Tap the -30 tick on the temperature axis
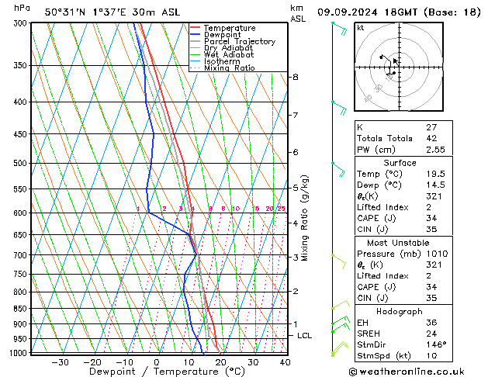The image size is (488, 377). point(60,361)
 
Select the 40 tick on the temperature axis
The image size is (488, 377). point(285,361)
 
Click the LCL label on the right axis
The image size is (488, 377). point(305,335)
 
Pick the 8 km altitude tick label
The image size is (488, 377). point(296,77)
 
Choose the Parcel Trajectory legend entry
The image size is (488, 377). point(239,42)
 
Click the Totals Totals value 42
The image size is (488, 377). point(431,138)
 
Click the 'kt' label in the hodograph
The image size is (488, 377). point(360,27)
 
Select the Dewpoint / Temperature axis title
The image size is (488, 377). point(157,372)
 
